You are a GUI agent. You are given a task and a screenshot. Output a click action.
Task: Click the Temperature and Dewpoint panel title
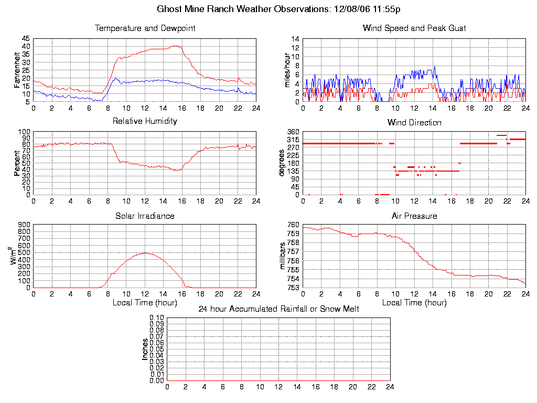point(145,28)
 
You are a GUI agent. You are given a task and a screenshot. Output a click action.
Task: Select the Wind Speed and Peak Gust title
point(414,28)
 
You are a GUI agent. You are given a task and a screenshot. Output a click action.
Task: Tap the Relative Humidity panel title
point(145,121)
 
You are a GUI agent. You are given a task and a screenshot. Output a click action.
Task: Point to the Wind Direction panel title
point(414,123)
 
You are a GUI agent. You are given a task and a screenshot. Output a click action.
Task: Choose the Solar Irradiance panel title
point(145,216)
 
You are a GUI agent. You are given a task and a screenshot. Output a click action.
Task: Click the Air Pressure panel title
point(414,216)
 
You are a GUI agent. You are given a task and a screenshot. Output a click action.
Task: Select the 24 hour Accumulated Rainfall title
point(278,309)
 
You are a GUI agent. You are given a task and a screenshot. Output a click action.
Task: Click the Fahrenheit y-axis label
point(17,70)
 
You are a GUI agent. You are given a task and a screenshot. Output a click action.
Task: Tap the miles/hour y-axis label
point(287,70)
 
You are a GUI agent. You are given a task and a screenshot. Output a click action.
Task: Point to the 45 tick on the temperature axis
point(26,39)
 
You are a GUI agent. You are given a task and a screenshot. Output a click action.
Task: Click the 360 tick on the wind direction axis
point(293,132)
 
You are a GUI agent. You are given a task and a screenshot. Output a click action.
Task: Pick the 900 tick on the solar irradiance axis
point(24,225)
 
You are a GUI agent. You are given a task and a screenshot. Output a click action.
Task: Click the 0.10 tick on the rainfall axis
point(157,318)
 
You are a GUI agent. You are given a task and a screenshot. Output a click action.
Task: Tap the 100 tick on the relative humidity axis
point(24,132)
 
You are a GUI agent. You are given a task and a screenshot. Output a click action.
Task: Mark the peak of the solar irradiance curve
point(145,253)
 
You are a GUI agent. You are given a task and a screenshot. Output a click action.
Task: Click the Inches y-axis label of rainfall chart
point(145,349)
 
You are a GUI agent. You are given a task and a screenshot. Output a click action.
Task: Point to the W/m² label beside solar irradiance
point(16,256)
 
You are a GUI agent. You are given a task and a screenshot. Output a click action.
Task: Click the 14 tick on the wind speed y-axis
point(295,39)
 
